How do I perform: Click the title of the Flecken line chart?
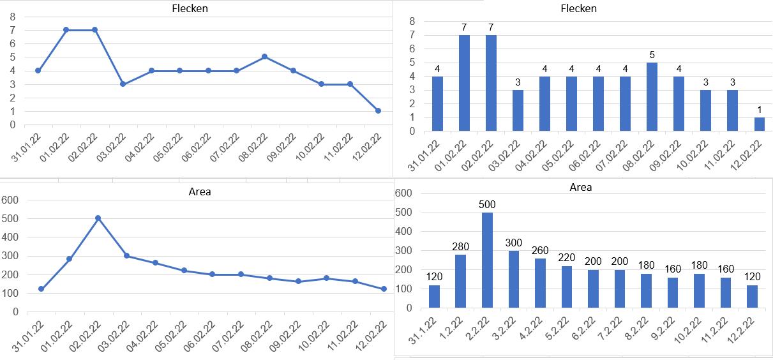click(190, 9)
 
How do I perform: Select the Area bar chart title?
click(580, 187)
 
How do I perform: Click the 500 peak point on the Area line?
click(98, 218)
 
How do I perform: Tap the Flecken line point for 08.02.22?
click(264, 57)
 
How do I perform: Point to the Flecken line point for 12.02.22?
click(378, 111)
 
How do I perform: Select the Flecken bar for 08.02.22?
click(652, 97)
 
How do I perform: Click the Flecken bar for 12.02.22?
click(759, 124)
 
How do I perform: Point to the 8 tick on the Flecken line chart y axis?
click(13, 16)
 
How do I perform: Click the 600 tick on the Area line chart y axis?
click(11, 200)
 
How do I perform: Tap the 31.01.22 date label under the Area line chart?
click(28, 336)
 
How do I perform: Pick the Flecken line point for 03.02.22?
click(123, 84)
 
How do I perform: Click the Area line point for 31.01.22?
click(41, 289)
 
